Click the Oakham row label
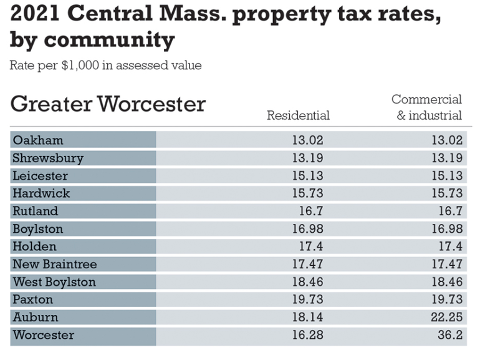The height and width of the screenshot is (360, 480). pos(38,140)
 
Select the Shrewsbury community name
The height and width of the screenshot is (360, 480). pos(48,158)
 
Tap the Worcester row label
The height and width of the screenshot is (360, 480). pos(44,335)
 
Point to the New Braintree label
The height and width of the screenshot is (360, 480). pos(55,264)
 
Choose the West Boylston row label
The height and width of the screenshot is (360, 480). pos(54,282)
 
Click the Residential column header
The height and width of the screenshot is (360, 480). pos(298,115)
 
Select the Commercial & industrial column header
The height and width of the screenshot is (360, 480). pos(426,107)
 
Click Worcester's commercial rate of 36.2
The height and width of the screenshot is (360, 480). pos(449,335)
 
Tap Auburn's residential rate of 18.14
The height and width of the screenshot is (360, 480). pos(307,318)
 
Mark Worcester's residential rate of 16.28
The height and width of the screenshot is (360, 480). pos(307,335)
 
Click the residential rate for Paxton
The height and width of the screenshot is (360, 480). pos(307,299)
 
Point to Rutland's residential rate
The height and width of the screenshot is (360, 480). pos(312,211)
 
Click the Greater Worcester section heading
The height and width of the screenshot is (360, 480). pos(108,104)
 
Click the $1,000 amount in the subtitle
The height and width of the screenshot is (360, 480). pos(80,66)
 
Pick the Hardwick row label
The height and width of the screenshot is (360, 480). pos(42,193)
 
